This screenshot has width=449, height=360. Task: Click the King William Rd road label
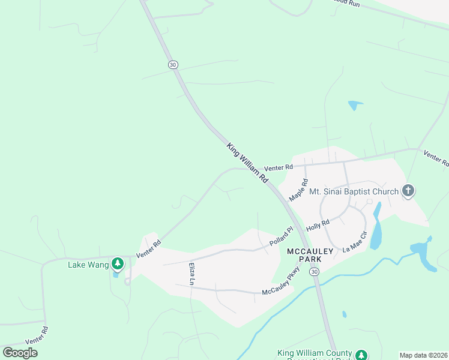click(x=247, y=163)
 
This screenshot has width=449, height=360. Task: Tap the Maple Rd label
click(x=298, y=190)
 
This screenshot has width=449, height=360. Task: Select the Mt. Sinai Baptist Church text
click(x=354, y=192)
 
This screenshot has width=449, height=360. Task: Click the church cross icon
click(x=408, y=191)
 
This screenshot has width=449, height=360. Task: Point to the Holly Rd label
click(x=318, y=226)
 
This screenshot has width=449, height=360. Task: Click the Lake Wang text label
click(x=88, y=265)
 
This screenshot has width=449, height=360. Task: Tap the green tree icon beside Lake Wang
click(x=118, y=263)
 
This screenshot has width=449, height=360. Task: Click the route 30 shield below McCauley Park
click(x=314, y=272)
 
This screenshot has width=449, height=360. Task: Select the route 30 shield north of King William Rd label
click(x=173, y=64)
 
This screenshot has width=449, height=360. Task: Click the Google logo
click(x=20, y=353)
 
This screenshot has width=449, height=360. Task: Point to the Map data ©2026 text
click(x=424, y=355)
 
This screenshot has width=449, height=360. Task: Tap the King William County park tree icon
click(x=361, y=355)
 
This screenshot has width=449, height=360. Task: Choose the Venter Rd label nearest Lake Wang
click(x=149, y=249)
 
